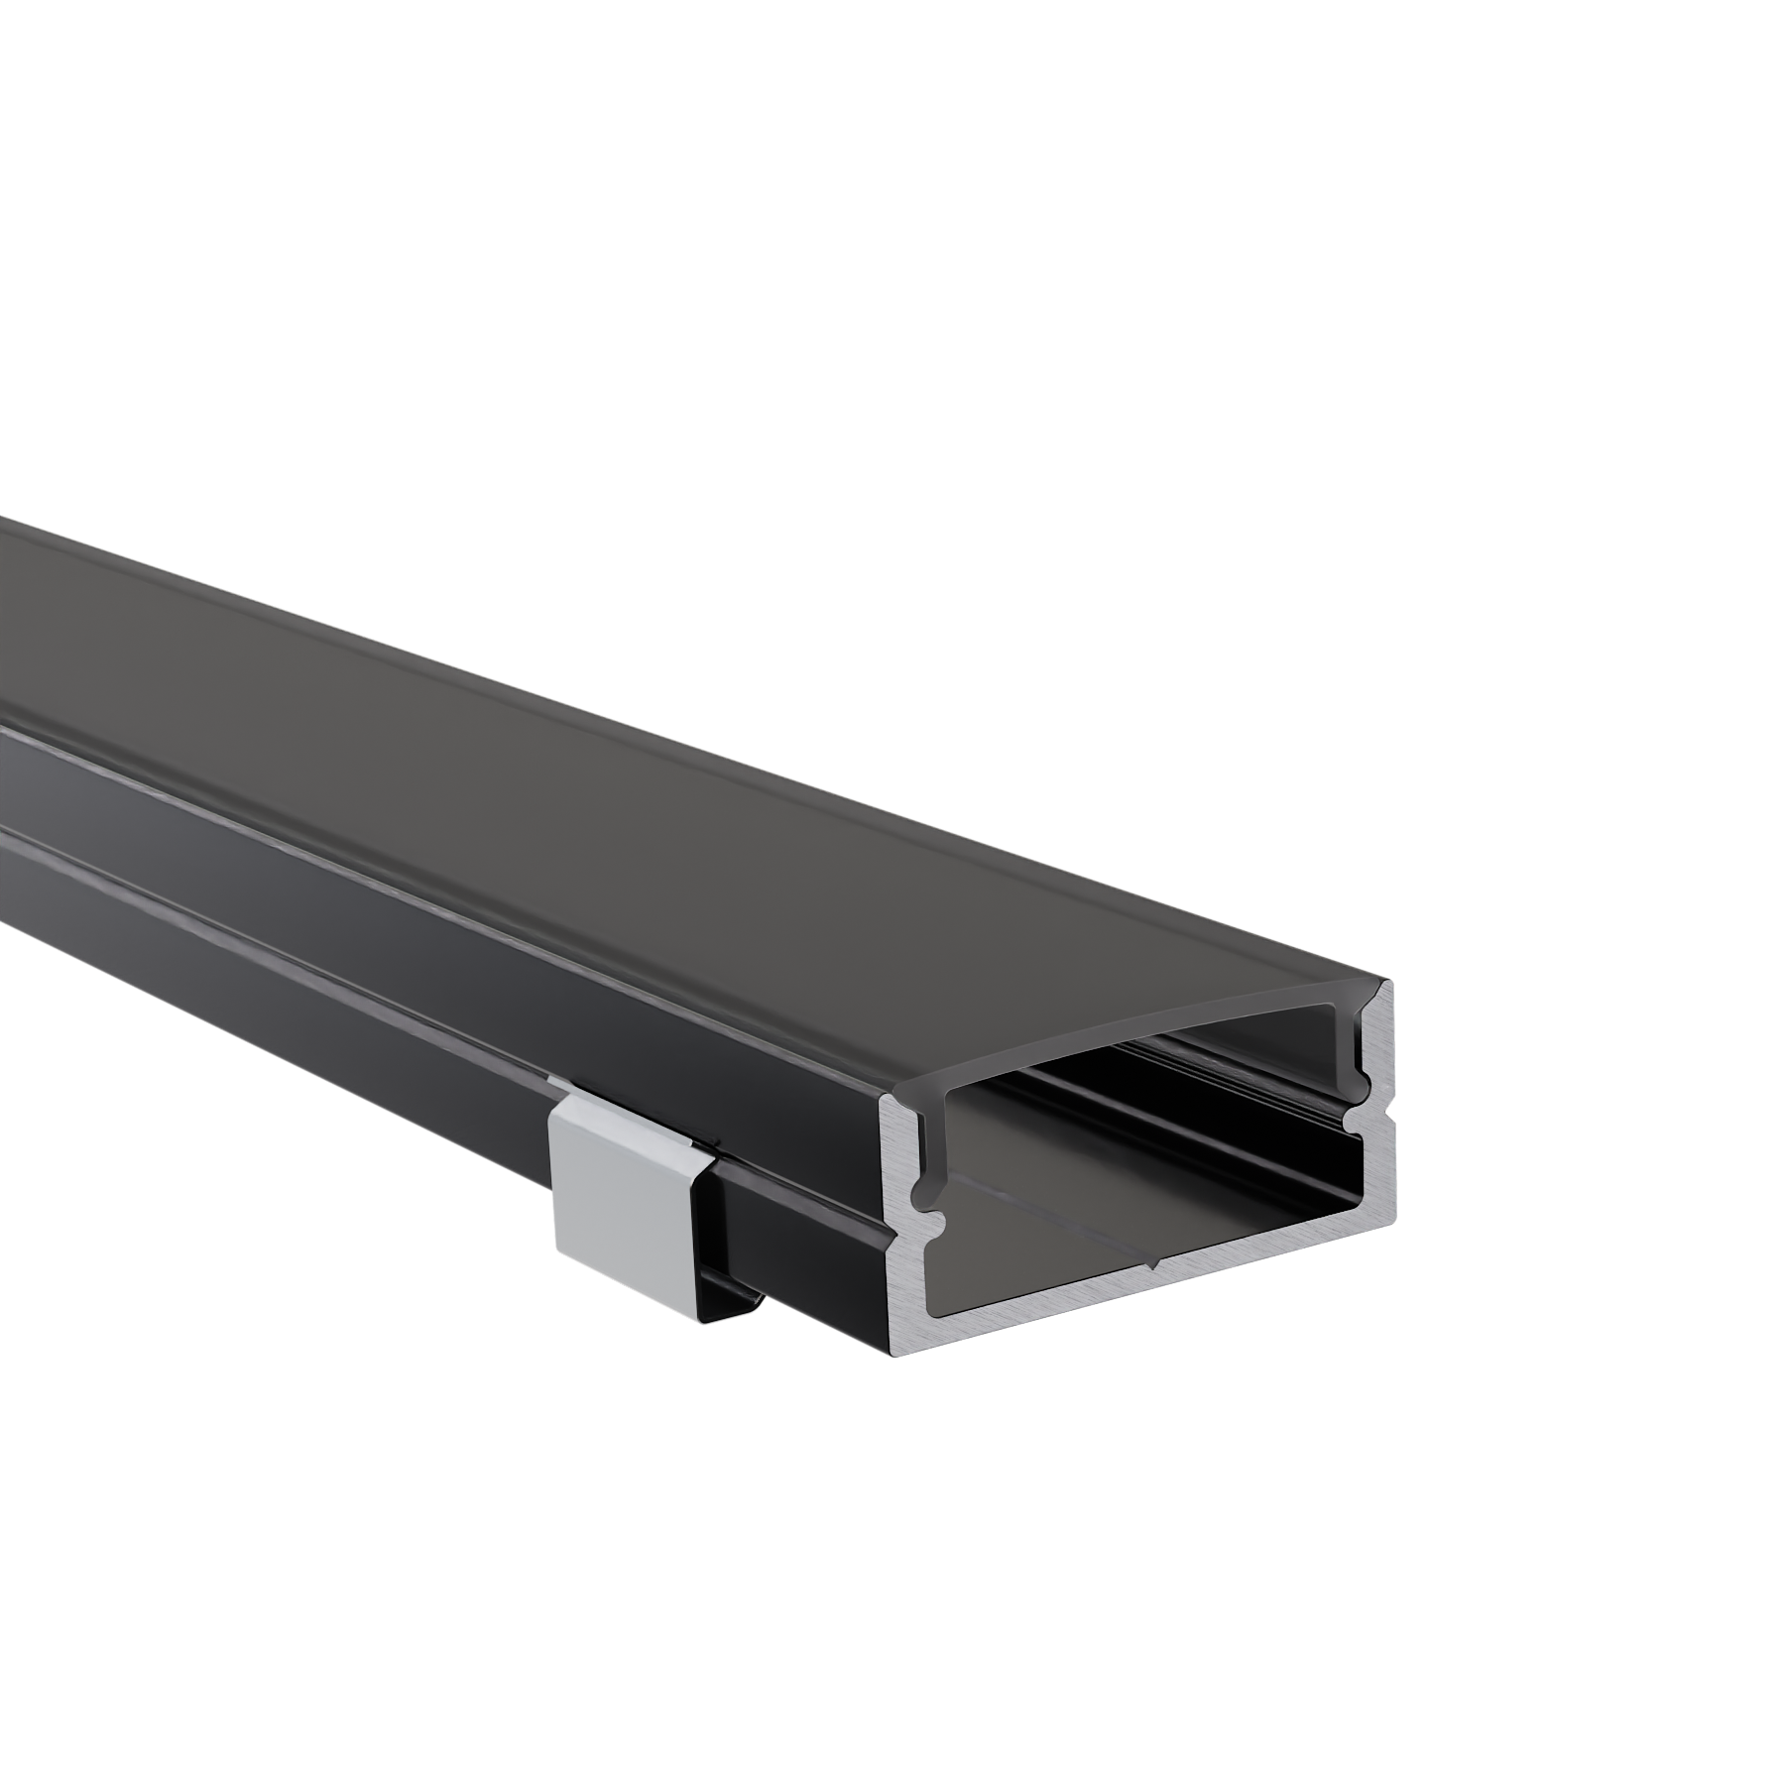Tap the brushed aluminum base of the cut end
1150,1279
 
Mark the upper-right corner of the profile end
1390,984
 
